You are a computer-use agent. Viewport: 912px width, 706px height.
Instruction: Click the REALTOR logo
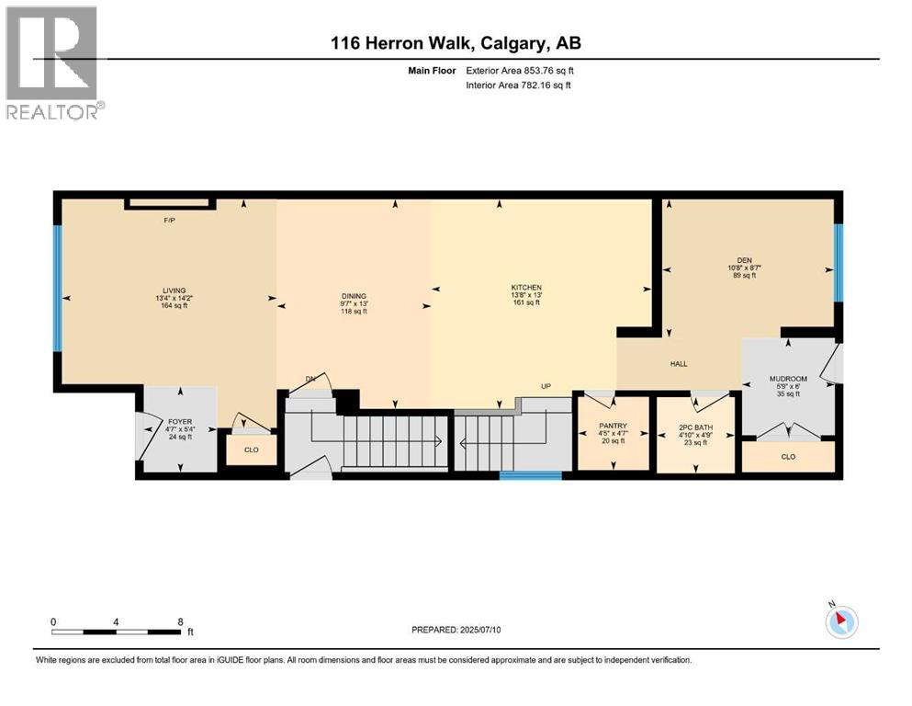52,63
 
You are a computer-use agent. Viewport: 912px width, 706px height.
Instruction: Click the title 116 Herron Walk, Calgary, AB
456,42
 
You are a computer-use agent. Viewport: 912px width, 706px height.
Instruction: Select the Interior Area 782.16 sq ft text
517,85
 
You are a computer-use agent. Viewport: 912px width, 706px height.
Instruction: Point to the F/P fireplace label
169,221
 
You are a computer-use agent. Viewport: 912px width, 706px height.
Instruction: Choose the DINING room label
354,295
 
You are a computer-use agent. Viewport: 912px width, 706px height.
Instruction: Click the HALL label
679,363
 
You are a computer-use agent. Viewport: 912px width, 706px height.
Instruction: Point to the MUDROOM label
787,379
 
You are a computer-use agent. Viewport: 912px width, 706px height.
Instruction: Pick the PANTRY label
612,426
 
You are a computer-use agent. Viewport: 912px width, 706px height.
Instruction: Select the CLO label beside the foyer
251,450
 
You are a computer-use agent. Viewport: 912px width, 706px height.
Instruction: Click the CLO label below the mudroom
787,457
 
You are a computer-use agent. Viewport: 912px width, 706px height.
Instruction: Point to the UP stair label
546,386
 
